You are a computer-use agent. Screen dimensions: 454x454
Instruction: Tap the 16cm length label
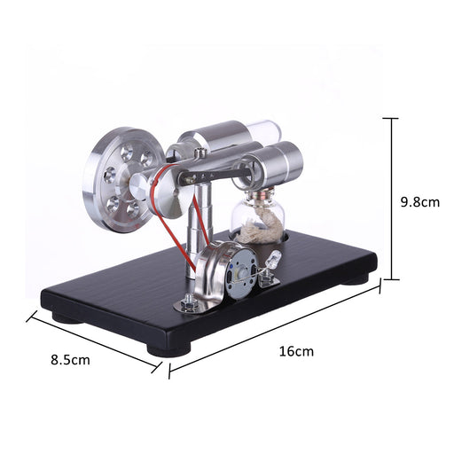click(298, 351)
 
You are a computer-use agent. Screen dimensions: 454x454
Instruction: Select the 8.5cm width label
click(70, 360)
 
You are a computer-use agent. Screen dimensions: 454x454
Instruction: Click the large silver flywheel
click(120, 178)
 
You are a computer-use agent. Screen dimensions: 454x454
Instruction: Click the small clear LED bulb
click(273, 261)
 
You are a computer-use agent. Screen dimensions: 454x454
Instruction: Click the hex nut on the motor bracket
click(188, 305)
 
